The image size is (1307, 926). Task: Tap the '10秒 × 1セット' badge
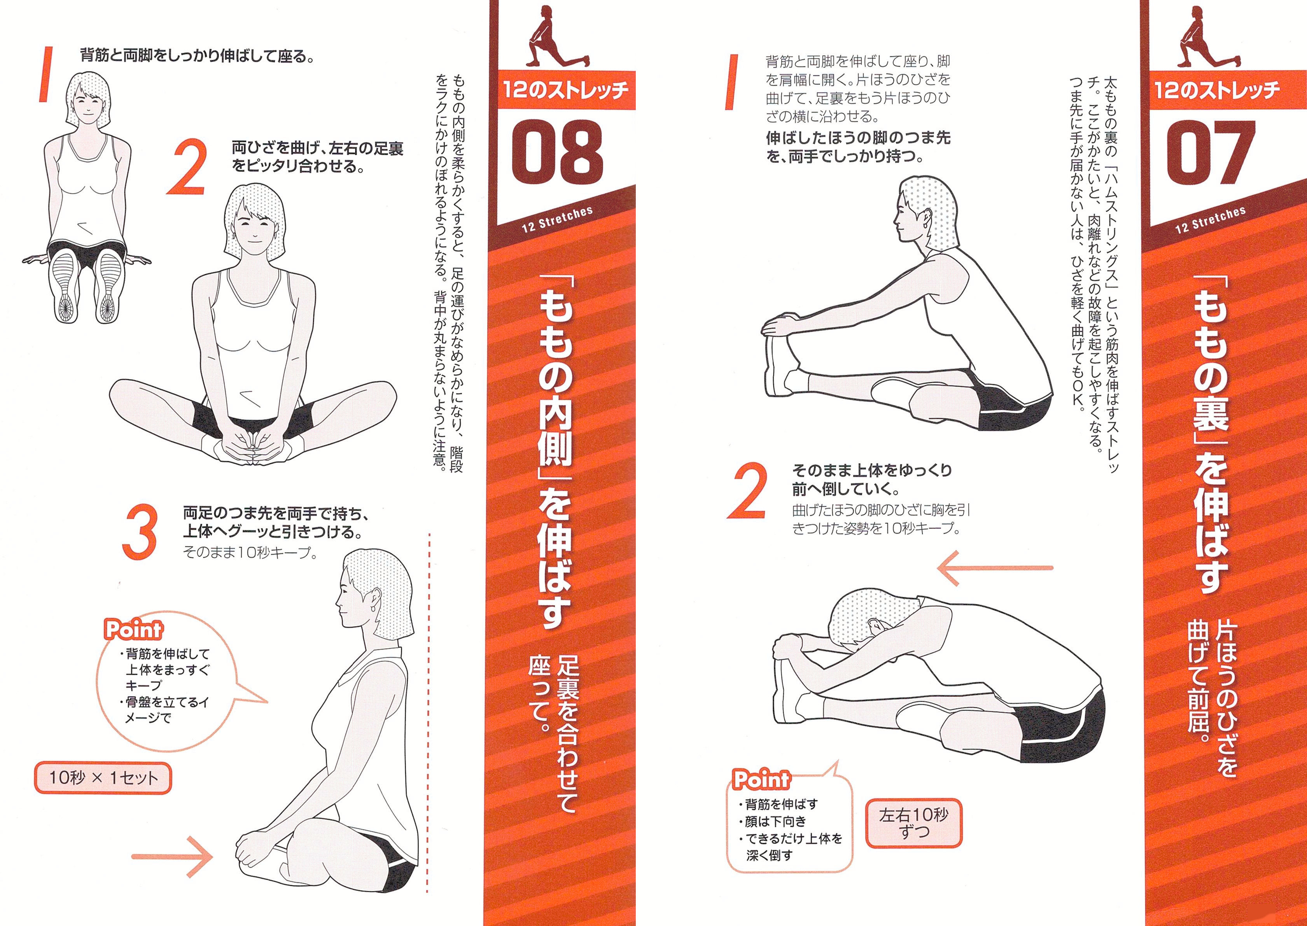103,778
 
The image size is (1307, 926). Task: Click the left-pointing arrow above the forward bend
995,568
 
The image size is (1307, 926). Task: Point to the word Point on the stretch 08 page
133,630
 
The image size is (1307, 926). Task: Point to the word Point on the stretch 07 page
761,779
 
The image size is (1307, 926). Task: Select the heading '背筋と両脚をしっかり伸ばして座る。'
197,56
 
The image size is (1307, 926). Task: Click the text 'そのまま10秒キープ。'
250,553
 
